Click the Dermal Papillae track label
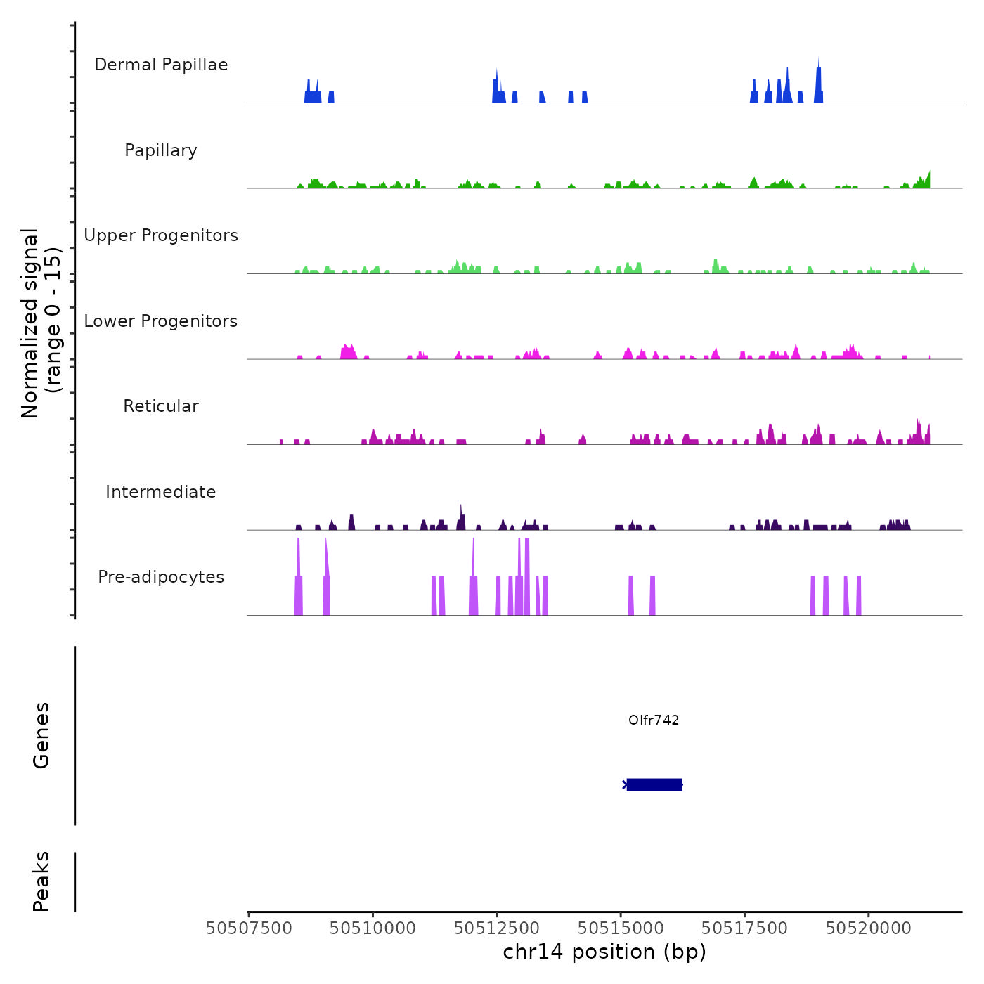coord(161,65)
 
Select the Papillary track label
coord(161,150)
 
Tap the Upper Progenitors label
coord(161,235)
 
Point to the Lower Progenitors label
coord(161,321)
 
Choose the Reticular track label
coord(161,406)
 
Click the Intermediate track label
coord(161,492)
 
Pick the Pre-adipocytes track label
coord(161,577)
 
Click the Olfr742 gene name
coord(654,720)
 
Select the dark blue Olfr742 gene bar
coord(654,784)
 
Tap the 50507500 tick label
coord(249,928)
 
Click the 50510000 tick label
coord(373,928)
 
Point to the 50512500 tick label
coord(497,928)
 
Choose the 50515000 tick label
coord(621,928)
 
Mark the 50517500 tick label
coord(744,928)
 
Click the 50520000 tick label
coord(868,928)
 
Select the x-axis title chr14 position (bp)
coord(604,952)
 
